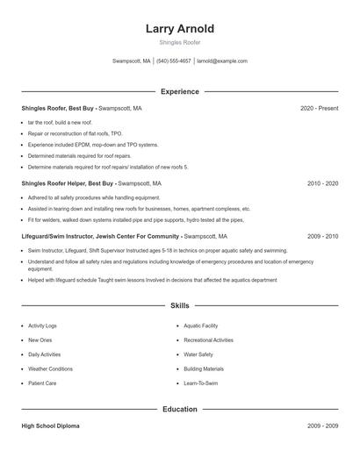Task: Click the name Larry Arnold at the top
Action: [180, 29]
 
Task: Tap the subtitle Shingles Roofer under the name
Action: [180, 42]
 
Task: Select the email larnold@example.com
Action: [222, 61]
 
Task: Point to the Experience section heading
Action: [180, 91]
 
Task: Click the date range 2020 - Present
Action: [319, 108]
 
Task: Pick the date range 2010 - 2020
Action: [322, 184]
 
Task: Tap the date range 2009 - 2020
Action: [322, 236]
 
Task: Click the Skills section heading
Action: [180, 305]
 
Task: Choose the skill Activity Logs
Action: [42, 325]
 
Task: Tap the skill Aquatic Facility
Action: [201, 325]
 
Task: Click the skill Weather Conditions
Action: [50, 368]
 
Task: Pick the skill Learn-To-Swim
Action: [201, 383]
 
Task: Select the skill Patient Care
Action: [42, 383]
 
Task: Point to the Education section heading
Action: [180, 409]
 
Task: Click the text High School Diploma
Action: [50, 426]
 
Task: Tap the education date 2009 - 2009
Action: [322, 426]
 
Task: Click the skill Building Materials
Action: [204, 368]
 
